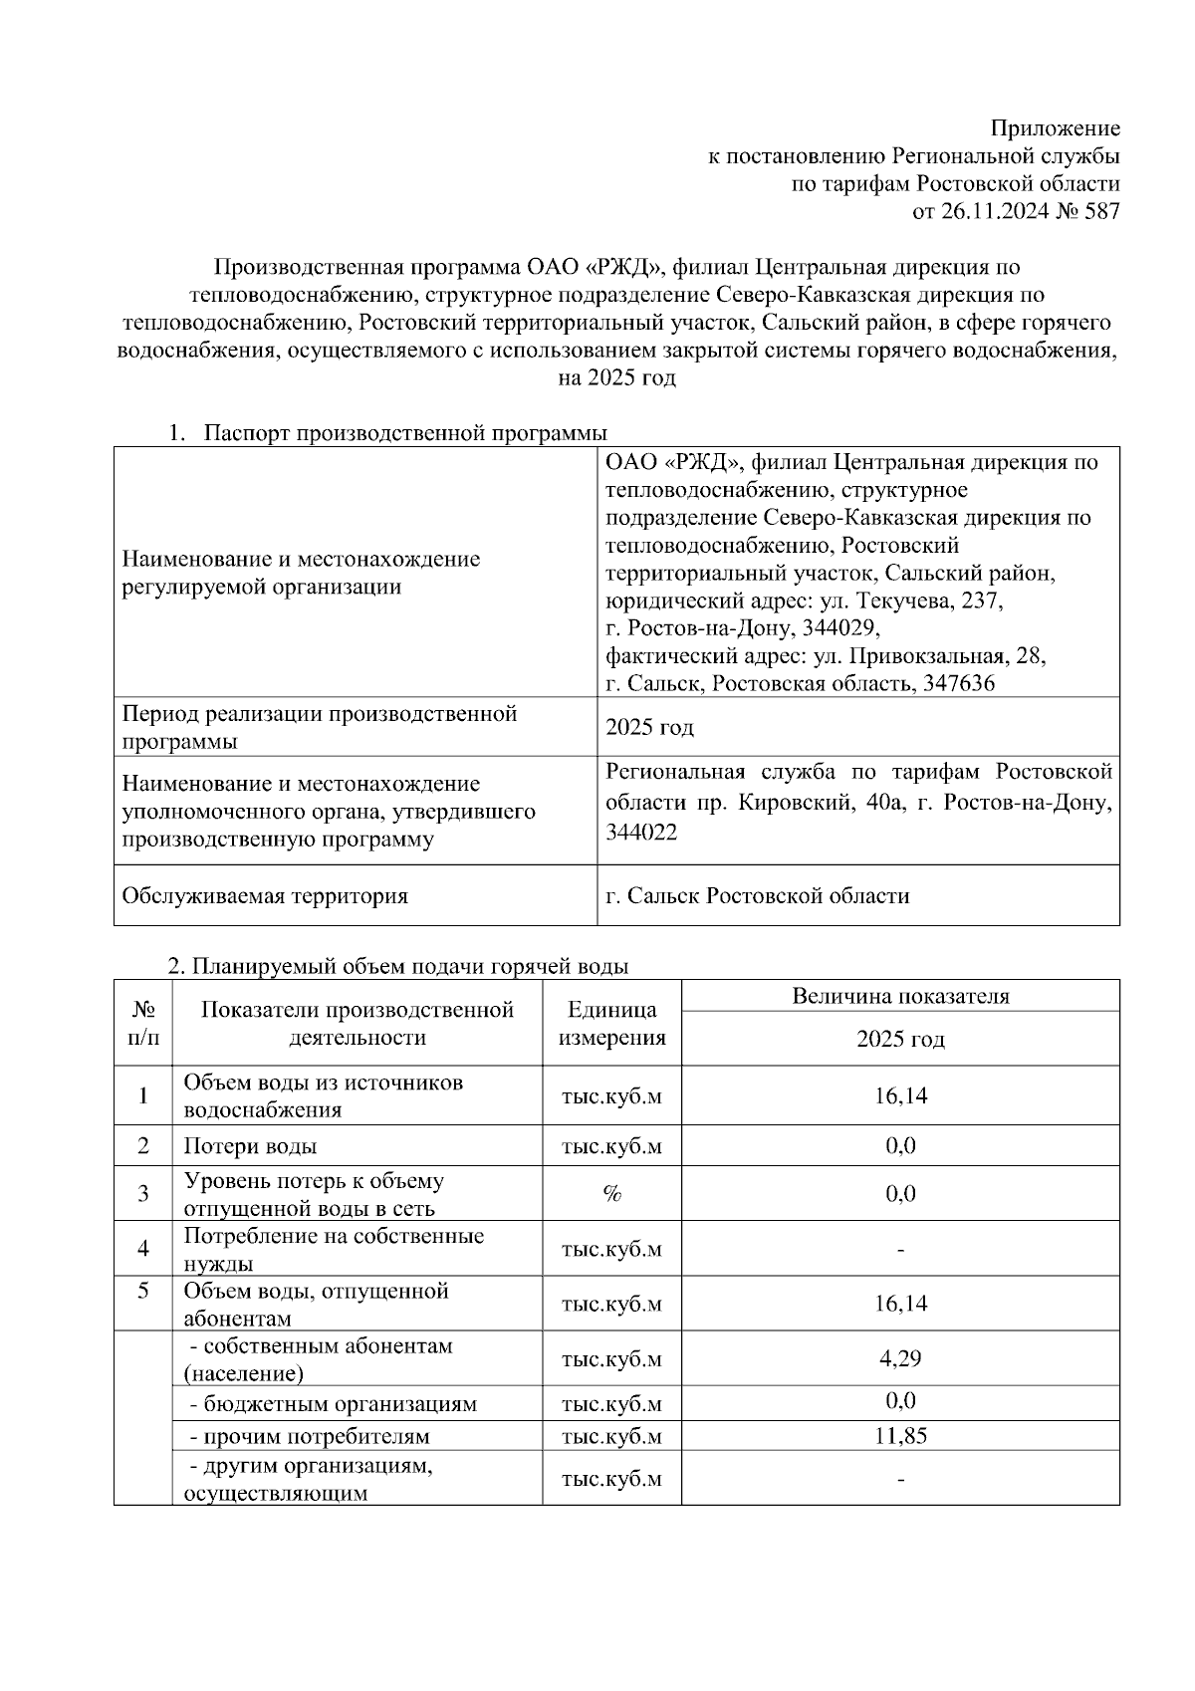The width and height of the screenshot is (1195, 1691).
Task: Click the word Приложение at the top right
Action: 1055,128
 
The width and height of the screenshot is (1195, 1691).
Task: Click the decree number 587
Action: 1101,211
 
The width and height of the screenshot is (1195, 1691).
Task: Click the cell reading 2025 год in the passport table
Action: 649,727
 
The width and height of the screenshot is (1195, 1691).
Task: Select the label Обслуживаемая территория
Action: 265,895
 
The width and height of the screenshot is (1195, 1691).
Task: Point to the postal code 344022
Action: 641,833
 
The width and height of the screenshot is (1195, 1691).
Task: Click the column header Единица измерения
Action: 611,1024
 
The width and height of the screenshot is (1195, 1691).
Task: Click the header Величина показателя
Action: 900,996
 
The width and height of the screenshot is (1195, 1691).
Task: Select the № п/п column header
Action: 142,1024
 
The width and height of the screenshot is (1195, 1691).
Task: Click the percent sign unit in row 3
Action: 611,1194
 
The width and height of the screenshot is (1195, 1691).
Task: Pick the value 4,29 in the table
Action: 900,1358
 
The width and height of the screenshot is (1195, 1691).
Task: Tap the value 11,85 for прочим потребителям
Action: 900,1436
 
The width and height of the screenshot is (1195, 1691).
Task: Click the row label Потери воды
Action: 250,1146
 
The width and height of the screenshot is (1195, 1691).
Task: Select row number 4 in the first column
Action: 142,1248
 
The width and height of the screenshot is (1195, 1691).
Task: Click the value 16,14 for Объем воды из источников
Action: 900,1095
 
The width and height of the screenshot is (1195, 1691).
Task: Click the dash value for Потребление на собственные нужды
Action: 900,1249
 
